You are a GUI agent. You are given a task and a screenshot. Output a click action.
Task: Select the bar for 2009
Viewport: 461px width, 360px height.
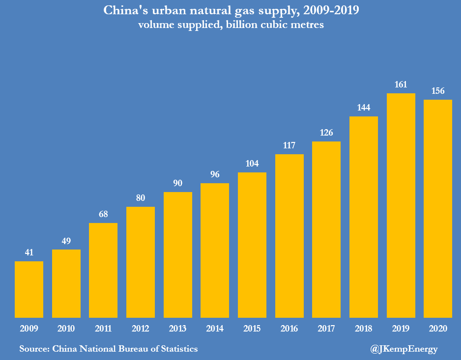[x=29, y=289]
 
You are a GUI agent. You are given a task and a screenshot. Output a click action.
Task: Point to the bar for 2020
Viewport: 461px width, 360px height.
[x=438, y=208]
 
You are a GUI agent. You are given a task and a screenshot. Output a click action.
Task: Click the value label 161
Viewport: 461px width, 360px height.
[x=401, y=84]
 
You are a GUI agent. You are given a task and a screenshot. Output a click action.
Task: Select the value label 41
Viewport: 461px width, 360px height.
[x=29, y=252]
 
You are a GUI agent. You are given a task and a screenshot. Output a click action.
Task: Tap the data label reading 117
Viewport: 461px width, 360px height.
[x=289, y=145]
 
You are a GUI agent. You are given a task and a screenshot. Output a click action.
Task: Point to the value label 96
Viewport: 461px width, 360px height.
[x=215, y=174]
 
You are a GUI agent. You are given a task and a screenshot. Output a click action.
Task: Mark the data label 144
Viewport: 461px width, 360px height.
[x=364, y=108]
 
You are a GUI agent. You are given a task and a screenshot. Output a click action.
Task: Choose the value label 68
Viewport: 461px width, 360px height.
[x=103, y=214]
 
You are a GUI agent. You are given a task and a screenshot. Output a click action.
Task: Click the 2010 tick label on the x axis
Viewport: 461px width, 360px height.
[x=66, y=328]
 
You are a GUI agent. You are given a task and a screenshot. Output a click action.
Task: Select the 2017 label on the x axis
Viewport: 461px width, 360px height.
[x=326, y=328]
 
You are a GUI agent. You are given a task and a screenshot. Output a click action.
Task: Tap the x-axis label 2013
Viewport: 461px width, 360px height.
[x=178, y=328]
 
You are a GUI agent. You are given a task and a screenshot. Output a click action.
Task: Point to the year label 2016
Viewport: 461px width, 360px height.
[x=289, y=328]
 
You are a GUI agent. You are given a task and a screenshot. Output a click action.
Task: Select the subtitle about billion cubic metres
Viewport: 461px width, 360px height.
[x=230, y=25]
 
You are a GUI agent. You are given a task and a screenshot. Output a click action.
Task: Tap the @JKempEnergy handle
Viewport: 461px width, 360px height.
[x=403, y=349]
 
